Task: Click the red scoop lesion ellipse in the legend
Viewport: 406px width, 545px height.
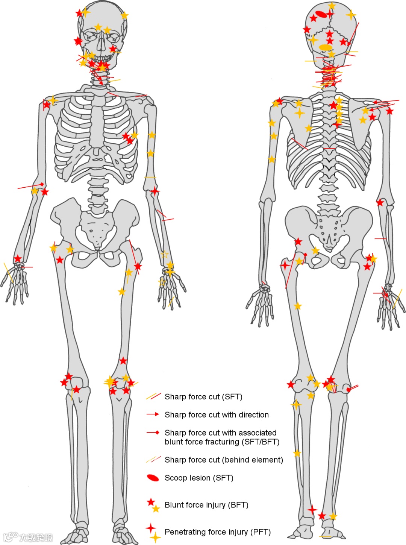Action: click(153, 478)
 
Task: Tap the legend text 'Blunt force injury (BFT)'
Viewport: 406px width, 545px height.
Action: click(206, 505)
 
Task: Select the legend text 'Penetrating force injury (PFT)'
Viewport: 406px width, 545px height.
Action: click(217, 532)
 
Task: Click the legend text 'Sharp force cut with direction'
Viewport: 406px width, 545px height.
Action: click(217, 414)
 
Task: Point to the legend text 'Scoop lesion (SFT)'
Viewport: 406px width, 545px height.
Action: click(199, 478)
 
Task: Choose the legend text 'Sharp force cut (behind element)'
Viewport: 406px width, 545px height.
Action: click(224, 460)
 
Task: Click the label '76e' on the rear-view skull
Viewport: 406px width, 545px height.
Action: click(309, 36)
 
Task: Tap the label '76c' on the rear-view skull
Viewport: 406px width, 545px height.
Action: click(323, 52)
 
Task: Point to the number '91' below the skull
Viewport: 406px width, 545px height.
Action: click(331, 62)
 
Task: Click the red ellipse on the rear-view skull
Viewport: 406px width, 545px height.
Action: click(321, 14)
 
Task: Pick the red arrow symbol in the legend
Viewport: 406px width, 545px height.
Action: click(153, 414)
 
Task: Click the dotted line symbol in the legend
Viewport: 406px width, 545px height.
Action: click(153, 459)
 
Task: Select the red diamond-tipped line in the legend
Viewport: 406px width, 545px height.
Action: click(153, 433)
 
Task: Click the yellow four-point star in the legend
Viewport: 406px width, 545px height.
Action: click(155, 537)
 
